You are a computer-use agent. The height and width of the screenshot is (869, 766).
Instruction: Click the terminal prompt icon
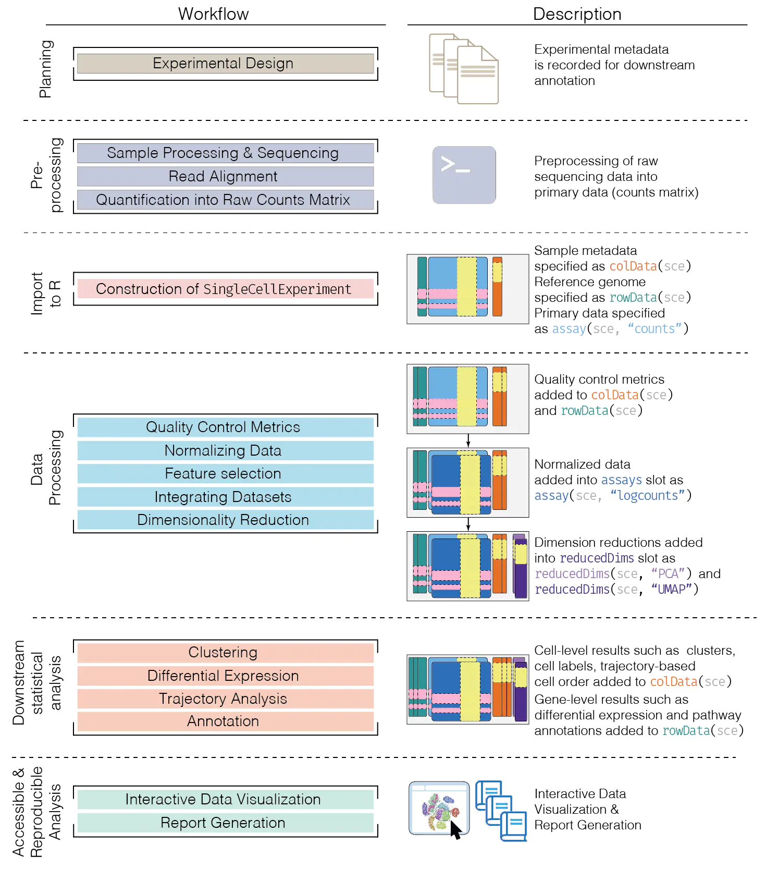pos(463,175)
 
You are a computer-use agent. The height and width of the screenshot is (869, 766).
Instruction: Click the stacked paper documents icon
pos(463,69)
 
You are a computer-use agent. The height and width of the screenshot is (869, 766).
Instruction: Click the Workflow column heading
pos(214,14)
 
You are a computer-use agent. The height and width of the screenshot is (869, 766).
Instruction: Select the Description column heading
pos(577,14)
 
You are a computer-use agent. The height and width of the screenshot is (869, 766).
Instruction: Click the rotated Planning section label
pos(46,69)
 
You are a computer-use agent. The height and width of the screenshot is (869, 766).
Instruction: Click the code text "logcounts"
pos(648,495)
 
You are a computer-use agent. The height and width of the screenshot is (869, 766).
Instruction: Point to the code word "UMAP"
pos(671,589)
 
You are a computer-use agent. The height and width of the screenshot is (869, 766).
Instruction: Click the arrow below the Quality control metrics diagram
pos(468,440)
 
